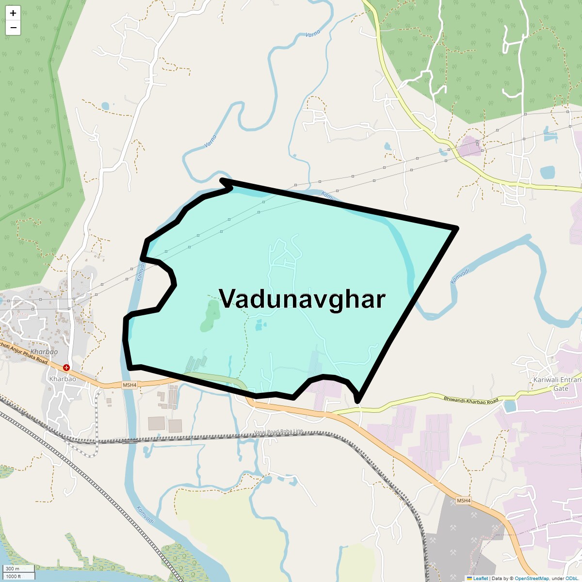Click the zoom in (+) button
pyautogui.click(x=13, y=13)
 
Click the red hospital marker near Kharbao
pyautogui.click(x=66, y=368)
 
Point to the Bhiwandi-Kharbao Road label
pyautogui.click(x=470, y=400)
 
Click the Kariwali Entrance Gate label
pyautogui.click(x=558, y=384)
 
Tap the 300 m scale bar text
pyautogui.click(x=13, y=568)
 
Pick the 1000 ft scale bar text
pyautogui.click(x=13, y=576)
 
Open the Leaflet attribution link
pyautogui.click(x=480, y=578)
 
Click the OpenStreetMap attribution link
pyautogui.click(x=532, y=578)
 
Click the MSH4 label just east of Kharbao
pyautogui.click(x=129, y=385)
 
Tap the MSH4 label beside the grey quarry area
pyautogui.click(x=464, y=501)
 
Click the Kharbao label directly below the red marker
pyautogui.click(x=62, y=378)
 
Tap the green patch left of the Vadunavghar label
pyautogui.click(x=210, y=315)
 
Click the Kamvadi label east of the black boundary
pyautogui.click(x=460, y=276)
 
